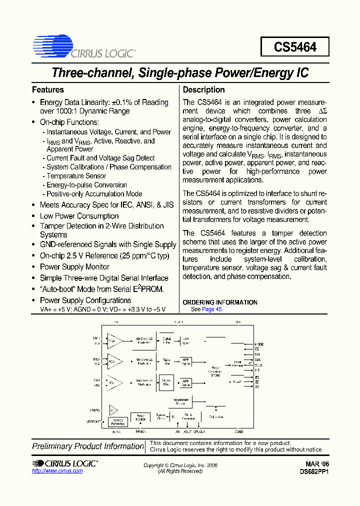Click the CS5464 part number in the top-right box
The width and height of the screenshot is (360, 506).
tap(295, 47)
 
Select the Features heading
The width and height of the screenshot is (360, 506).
tap(48, 90)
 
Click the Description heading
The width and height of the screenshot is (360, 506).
tap(203, 90)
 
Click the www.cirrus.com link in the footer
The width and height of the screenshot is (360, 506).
tap(57, 471)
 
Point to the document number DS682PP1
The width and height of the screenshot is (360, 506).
tap(314, 471)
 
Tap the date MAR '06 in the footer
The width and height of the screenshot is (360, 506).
tap(317, 464)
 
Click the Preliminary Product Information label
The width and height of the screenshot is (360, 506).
tap(88, 446)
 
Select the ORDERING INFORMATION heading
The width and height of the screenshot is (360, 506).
tap(220, 302)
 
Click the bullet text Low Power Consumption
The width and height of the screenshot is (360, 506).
tap(79, 216)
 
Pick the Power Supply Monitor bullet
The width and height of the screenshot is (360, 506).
tap(74, 267)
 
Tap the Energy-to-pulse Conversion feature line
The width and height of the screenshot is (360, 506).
tap(86, 185)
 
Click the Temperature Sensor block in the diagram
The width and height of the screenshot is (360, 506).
tap(180, 401)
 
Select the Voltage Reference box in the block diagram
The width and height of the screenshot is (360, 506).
tap(118, 422)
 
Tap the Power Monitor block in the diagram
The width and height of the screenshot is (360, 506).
tap(140, 418)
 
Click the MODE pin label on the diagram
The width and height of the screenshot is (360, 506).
tap(258, 344)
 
